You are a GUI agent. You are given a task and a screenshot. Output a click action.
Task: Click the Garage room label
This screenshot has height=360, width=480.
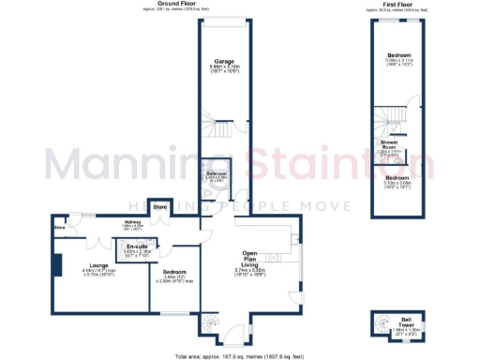pyautogui.click(x=223, y=61)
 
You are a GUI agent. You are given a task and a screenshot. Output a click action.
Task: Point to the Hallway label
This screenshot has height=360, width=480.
pyautogui.click(x=106, y=223)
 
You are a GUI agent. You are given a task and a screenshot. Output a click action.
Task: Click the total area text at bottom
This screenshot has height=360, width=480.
pyautogui.click(x=239, y=356)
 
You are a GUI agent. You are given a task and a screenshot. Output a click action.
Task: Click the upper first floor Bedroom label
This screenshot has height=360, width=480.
pyautogui.click(x=400, y=55)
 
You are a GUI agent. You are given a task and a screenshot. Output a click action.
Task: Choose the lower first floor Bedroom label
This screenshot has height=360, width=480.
pyautogui.click(x=400, y=177)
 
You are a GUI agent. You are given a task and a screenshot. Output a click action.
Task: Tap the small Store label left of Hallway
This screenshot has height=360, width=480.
pyautogui.click(x=59, y=227)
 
